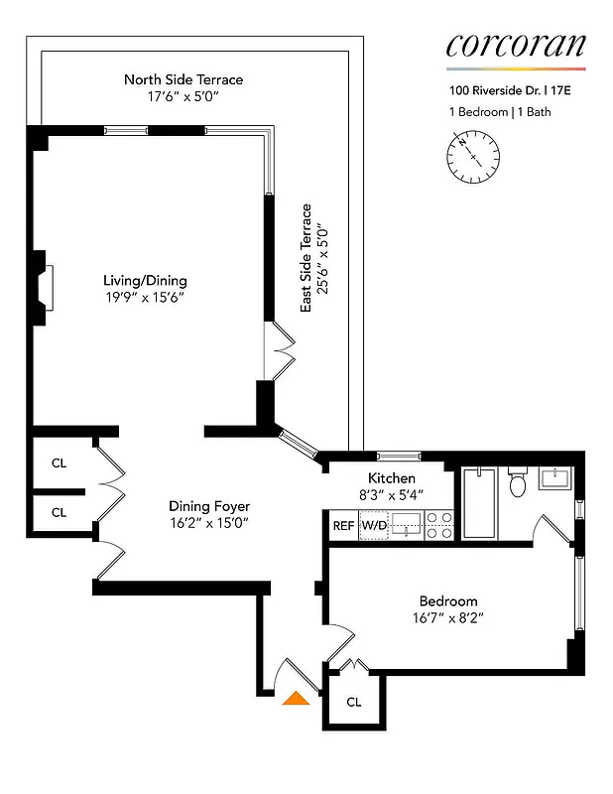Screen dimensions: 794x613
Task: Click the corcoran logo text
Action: pyautogui.click(x=516, y=46)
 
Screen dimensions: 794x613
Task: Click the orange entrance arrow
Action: pyautogui.click(x=294, y=699)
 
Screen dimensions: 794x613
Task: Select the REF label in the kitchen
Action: pyautogui.click(x=343, y=525)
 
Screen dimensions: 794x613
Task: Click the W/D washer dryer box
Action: pyautogui.click(x=373, y=525)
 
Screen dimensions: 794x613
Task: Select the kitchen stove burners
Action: pyautogui.click(x=440, y=525)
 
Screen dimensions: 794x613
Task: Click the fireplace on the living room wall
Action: pyautogui.click(x=45, y=288)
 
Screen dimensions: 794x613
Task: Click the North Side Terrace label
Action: pyautogui.click(x=184, y=79)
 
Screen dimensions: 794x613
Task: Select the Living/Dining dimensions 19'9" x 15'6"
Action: pyautogui.click(x=145, y=297)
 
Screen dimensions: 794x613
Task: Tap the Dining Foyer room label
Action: pyautogui.click(x=208, y=506)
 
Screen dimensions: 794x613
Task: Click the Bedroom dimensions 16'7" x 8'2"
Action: pyautogui.click(x=448, y=617)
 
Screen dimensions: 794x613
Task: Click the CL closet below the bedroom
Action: pyautogui.click(x=354, y=702)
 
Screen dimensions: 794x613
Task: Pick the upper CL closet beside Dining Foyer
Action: pyautogui.click(x=59, y=462)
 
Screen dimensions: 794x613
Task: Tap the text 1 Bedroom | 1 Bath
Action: pyautogui.click(x=499, y=111)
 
